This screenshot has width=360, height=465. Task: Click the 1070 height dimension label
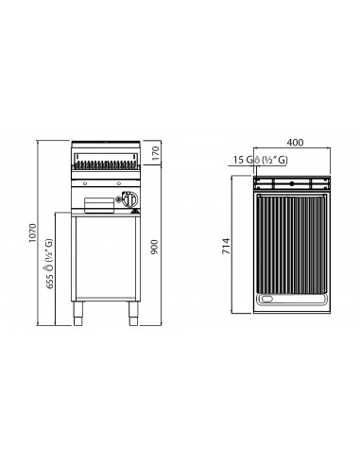click(x=33, y=232)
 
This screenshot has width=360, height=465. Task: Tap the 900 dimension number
click(x=154, y=248)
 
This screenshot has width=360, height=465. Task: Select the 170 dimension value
click(x=156, y=152)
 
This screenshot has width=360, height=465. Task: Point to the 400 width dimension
click(x=295, y=143)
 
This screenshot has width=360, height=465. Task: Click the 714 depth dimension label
click(x=226, y=247)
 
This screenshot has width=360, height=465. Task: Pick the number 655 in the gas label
click(x=50, y=282)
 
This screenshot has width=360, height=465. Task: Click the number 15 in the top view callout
click(x=239, y=160)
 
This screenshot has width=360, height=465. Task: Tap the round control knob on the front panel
click(x=130, y=198)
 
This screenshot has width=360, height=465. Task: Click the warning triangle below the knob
click(x=135, y=211)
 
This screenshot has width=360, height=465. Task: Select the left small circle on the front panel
click(x=85, y=183)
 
